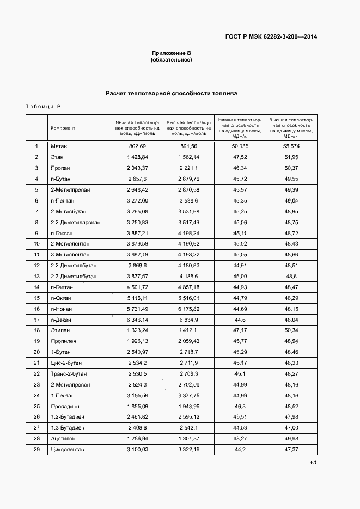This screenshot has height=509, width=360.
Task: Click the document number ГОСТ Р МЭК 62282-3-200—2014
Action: pyautogui.click(x=271, y=37)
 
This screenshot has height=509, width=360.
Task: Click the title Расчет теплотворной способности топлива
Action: pyautogui.click(x=171, y=94)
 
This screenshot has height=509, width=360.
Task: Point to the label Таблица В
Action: pyautogui.click(x=43, y=106)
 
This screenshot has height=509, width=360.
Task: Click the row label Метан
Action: pyautogui.click(x=58, y=146)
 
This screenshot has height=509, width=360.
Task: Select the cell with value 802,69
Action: pyautogui.click(x=138, y=146)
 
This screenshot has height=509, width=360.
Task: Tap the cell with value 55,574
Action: pyautogui.click(x=291, y=146)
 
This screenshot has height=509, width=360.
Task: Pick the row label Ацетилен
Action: pyautogui.click(x=62, y=438)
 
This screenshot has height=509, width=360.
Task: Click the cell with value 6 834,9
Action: pyautogui.click(x=188, y=320)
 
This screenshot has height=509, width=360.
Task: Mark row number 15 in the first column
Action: pyautogui.click(x=36, y=298)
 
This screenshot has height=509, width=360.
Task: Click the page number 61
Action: pyautogui.click(x=313, y=463)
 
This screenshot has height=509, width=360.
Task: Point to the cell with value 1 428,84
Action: pyautogui.click(x=138, y=157)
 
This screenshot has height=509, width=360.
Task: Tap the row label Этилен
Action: pyautogui.click(x=60, y=330)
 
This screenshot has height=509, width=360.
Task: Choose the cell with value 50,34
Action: pyautogui.click(x=291, y=330)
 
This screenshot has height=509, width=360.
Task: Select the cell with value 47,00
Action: pyautogui.click(x=291, y=428)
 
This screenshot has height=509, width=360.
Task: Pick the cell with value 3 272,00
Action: pyautogui.click(x=138, y=200)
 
